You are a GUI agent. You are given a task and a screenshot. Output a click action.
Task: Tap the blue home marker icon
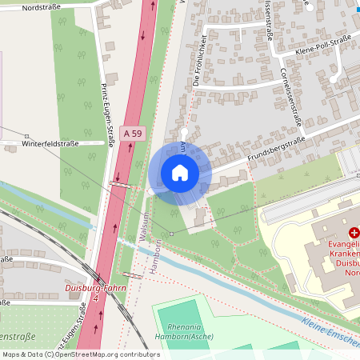coord(180,173)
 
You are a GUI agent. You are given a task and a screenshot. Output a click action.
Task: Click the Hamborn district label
coord(158,254)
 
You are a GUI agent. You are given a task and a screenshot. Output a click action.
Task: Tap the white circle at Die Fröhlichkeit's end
coord(184,132)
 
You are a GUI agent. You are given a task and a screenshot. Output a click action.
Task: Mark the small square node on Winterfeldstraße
coord(26,137)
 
